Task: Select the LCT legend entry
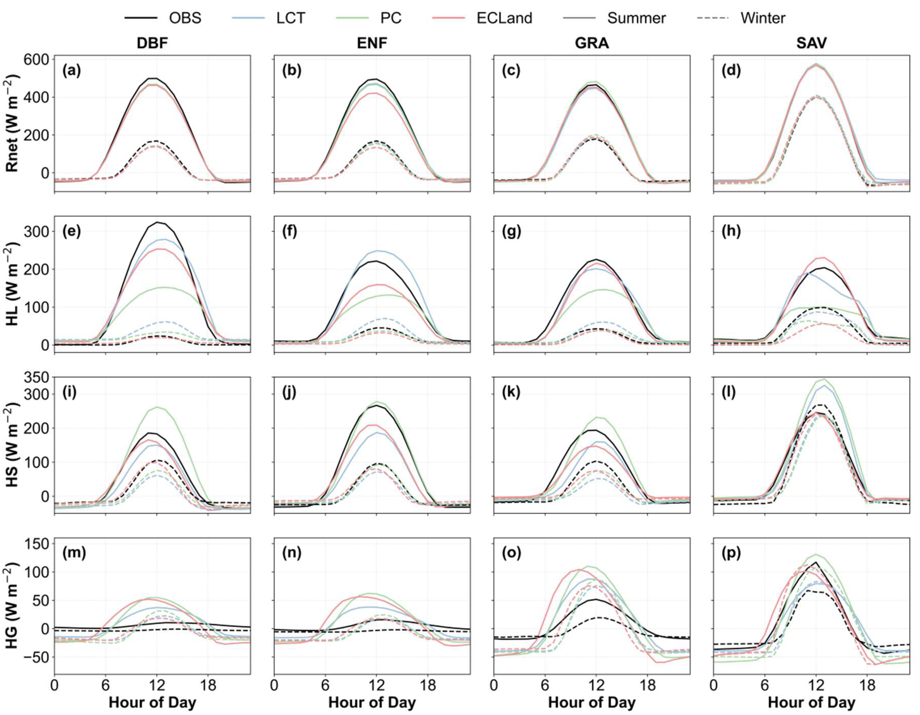(x=268, y=18)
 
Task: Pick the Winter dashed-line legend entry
(x=741, y=18)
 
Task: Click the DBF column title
(x=153, y=43)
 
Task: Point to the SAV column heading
(x=811, y=43)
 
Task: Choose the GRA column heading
(x=592, y=43)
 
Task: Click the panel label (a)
(x=72, y=70)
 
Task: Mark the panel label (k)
(x=511, y=392)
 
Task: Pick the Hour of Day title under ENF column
(x=372, y=702)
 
